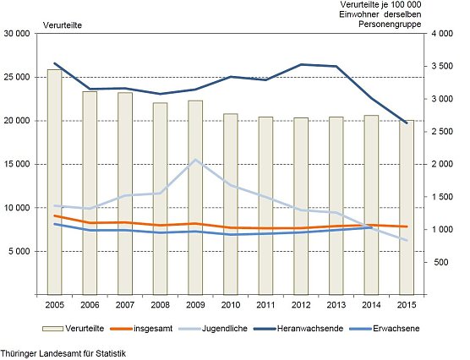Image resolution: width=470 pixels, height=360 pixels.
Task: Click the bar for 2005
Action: [x=54, y=182]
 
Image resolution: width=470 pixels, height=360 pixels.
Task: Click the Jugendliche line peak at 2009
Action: [x=195, y=160]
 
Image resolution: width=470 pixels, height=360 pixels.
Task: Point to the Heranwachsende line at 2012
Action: [x=301, y=64]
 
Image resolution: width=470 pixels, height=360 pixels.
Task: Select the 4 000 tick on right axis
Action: [x=441, y=33]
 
